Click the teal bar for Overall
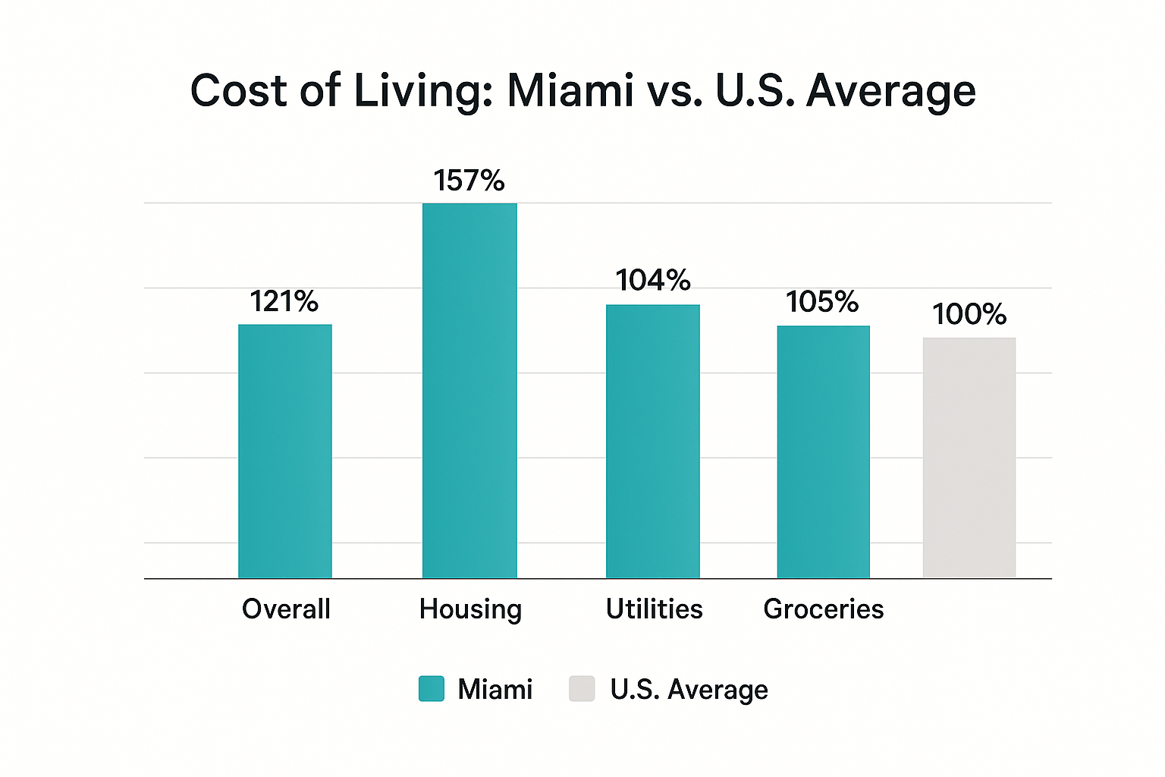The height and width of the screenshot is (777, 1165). coord(285,451)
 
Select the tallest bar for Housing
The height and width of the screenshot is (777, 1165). coord(469,391)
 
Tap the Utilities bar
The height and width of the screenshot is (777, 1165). coord(653,442)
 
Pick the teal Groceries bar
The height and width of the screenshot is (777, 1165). coord(824,452)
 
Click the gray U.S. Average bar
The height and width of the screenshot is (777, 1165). coord(969,458)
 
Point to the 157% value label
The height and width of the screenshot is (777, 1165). coord(469,181)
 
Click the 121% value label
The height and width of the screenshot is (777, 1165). coord(284,302)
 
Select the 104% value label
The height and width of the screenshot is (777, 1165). coord(653,281)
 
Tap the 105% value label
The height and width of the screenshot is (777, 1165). coord(822,302)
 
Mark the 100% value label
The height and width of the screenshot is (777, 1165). coord(969,314)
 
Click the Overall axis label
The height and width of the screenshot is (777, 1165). coord(286,609)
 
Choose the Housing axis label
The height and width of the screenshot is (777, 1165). coord(470,609)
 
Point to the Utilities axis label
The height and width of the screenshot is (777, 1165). coord(654,609)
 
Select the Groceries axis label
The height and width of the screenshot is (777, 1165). coord(824,609)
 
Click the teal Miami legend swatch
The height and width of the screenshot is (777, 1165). coord(432,689)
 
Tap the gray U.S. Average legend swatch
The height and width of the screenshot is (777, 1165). coord(582,689)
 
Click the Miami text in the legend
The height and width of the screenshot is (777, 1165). coord(495,689)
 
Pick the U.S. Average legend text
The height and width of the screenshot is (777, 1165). coord(689,689)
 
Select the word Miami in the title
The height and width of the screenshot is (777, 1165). coord(570,91)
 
